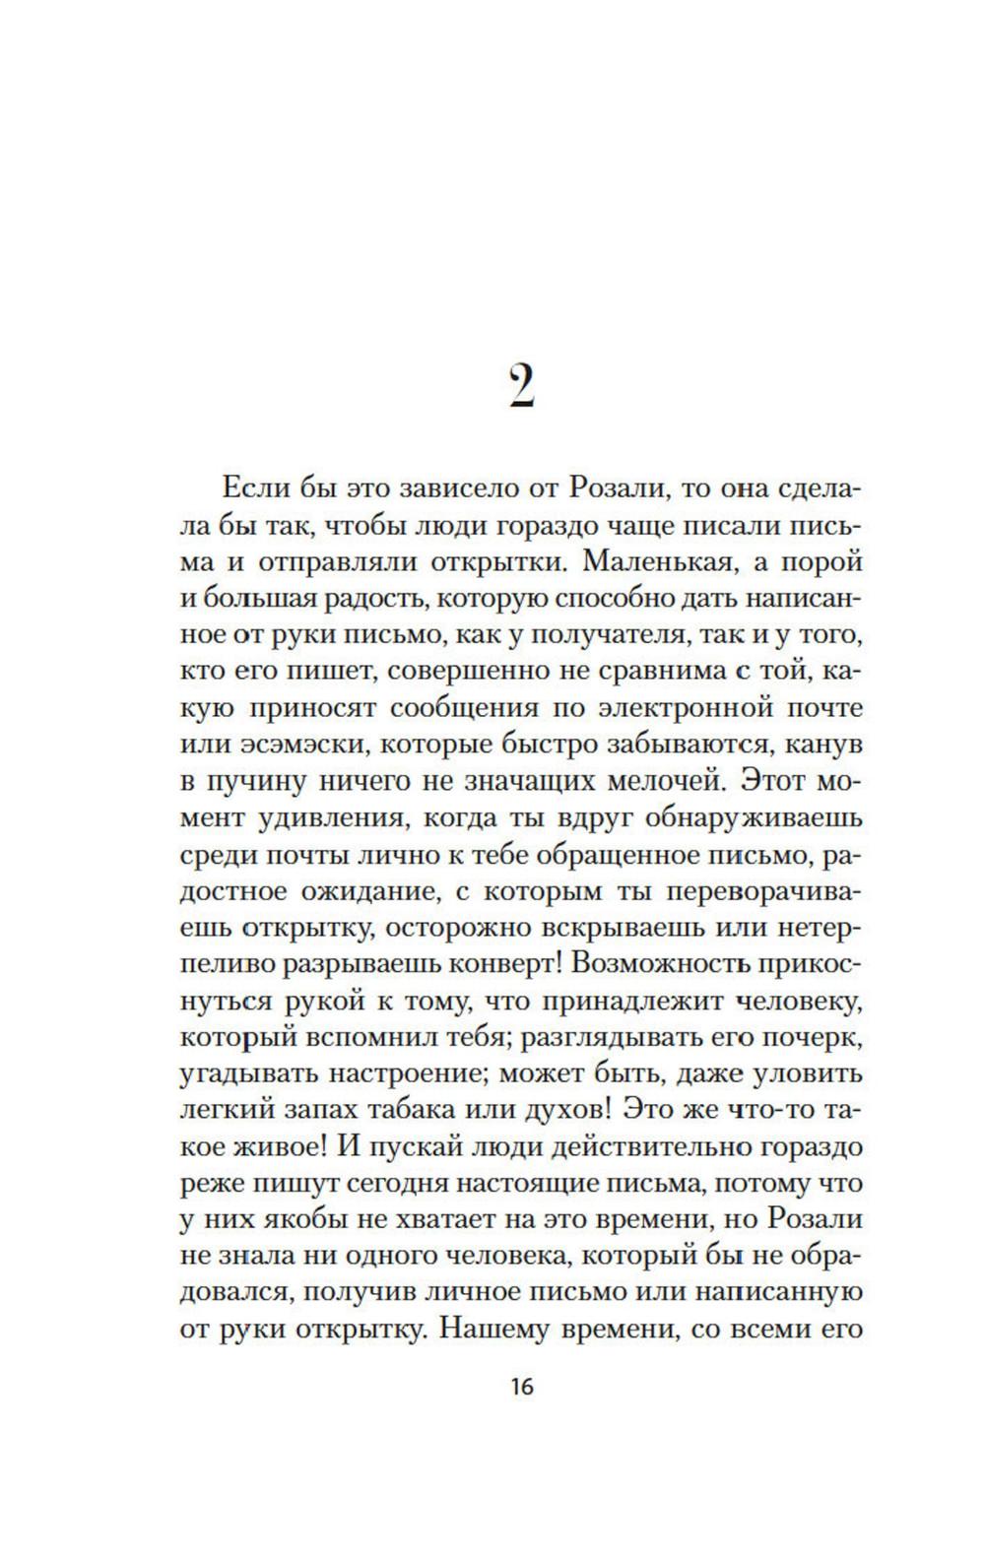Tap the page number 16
pos(521,1387)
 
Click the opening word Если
pos(256,489)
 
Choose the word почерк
pos(815,1036)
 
